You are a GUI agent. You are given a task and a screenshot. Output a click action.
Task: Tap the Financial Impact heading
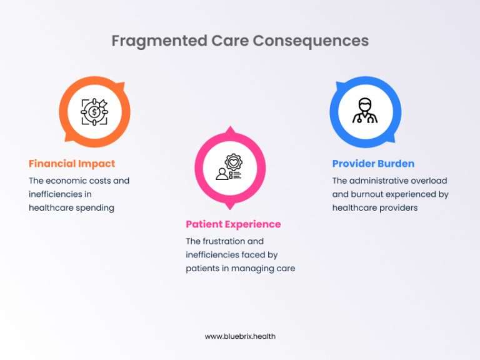coord(72,164)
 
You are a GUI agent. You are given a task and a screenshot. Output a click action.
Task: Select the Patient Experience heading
coord(233,224)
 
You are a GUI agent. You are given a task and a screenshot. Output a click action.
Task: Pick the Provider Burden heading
coord(373,164)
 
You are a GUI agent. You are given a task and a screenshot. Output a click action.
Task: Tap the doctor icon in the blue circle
coord(365,111)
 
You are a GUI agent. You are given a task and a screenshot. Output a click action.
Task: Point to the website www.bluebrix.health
coord(240,336)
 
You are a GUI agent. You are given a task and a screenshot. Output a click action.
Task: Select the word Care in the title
coord(219,41)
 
